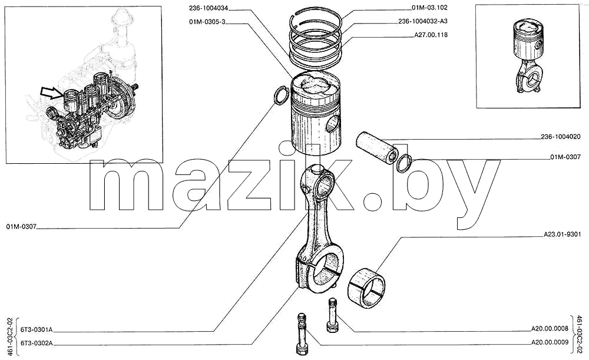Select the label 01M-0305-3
click(207, 22)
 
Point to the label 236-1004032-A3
click(423, 21)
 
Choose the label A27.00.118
click(431, 35)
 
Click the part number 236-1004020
click(561, 137)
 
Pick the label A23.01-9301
click(562, 235)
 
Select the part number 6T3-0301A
click(37, 330)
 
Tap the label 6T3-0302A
click(37, 343)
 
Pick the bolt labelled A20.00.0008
click(332, 315)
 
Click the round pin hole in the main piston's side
click(332, 125)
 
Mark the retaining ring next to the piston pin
click(404, 163)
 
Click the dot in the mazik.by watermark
click(375, 199)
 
